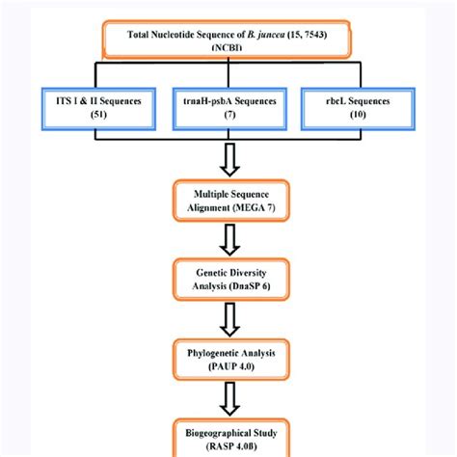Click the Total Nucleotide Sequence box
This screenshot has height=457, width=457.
pos(228,41)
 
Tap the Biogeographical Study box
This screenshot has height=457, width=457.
pos(228,433)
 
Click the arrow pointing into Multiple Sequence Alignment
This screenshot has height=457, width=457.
pos(228,156)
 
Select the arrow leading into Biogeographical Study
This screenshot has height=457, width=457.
pos(228,395)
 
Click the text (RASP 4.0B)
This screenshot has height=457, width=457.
pos(228,441)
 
